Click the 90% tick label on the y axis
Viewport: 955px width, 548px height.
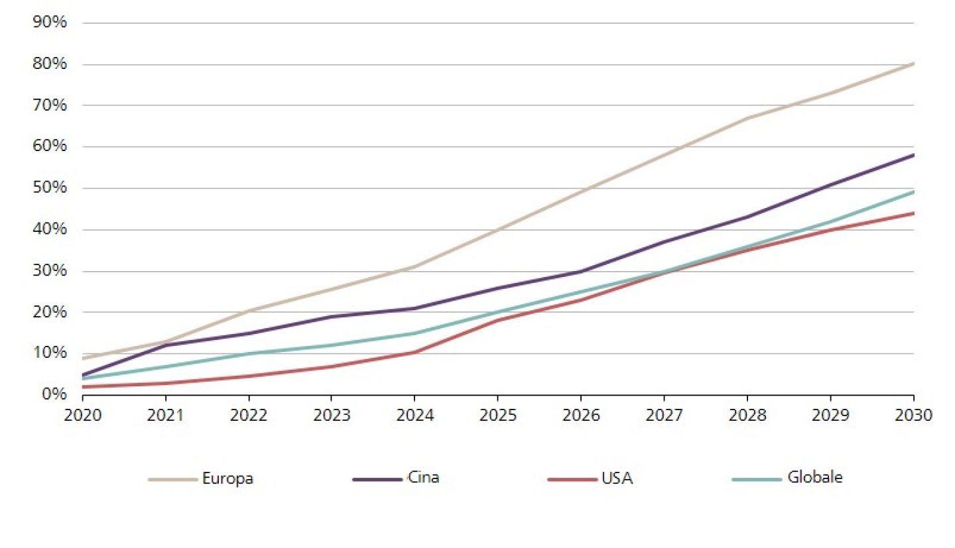(x=49, y=23)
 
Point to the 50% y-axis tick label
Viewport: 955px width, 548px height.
(x=49, y=188)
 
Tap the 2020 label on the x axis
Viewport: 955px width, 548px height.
(x=83, y=415)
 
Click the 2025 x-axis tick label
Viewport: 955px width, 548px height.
(x=497, y=415)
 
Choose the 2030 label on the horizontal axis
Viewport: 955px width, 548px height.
(x=913, y=415)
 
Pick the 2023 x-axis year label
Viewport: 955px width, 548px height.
(x=332, y=415)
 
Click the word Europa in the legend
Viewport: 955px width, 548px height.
(x=227, y=478)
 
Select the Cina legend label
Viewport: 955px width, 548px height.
(x=423, y=478)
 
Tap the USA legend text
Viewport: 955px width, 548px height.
(x=617, y=478)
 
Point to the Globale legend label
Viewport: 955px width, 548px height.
(x=814, y=478)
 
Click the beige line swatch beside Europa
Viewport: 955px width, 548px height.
(x=173, y=479)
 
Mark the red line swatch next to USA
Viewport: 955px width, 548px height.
(x=572, y=479)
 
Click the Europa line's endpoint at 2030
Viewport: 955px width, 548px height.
(x=913, y=64)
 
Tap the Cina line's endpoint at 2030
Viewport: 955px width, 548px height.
(x=913, y=155)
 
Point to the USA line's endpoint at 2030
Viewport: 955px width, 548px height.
(x=913, y=213)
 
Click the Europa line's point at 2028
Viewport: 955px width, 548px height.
(x=747, y=118)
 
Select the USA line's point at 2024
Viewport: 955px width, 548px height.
(x=414, y=352)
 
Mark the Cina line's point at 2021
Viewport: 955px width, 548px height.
(x=166, y=345)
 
